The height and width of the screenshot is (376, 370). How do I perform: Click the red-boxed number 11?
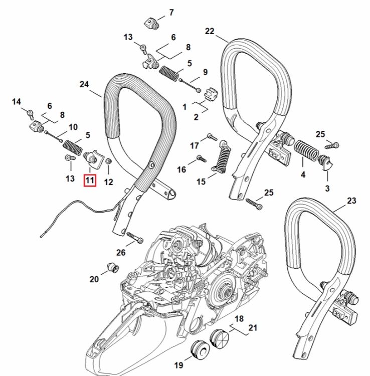tap(90, 180)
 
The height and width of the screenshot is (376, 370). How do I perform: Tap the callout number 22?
tap(210, 31)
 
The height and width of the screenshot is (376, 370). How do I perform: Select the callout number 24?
tap(84, 84)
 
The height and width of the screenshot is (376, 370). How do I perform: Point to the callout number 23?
tap(351, 201)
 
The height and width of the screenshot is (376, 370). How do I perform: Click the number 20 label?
tap(94, 279)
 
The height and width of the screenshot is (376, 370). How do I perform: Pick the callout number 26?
tap(121, 252)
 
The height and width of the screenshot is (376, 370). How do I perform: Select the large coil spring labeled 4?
tap(306, 150)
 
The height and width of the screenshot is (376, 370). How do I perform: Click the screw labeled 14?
tap(30, 113)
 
